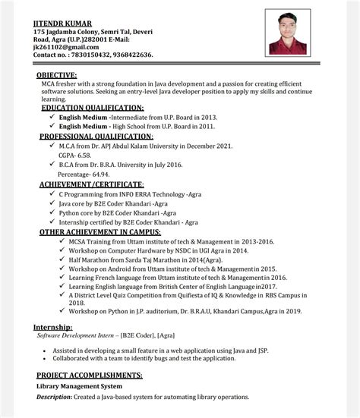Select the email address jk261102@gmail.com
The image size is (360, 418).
[x=62, y=47]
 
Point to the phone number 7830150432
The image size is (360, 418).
[x=87, y=55]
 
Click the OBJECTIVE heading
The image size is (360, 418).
[x=57, y=75]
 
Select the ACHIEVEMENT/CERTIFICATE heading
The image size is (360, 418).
[x=91, y=184]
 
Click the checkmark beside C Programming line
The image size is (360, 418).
[x=51, y=194]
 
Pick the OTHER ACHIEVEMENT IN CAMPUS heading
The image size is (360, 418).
[x=99, y=231]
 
